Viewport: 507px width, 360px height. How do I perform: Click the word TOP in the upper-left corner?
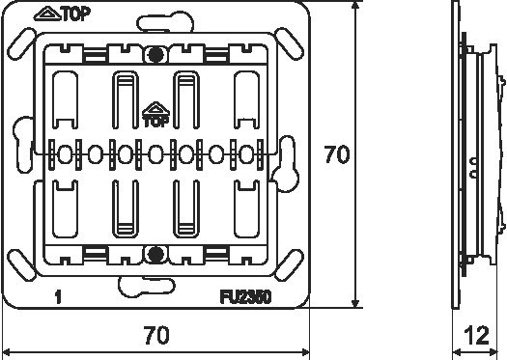pyautogui.click(x=76, y=14)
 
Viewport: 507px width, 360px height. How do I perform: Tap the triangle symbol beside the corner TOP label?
pyautogui.click(x=47, y=14)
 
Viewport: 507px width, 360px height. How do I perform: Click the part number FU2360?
pyautogui.click(x=245, y=297)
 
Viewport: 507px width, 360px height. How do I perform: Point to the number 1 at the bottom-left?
pyautogui.click(x=58, y=297)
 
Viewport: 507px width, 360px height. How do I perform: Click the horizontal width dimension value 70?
pyautogui.click(x=156, y=335)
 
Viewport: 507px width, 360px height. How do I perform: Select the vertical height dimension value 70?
pyautogui.click(x=337, y=154)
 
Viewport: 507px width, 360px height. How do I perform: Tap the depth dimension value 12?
pyautogui.click(x=476, y=336)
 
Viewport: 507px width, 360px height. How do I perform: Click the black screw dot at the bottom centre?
pyautogui.click(x=155, y=255)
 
